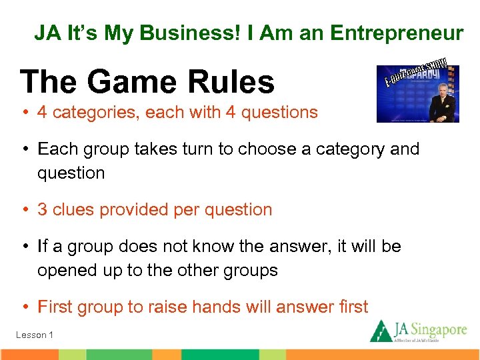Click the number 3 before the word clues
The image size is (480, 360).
[x=42, y=209]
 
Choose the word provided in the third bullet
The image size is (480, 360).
[x=137, y=209]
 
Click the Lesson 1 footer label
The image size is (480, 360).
[x=35, y=335]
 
